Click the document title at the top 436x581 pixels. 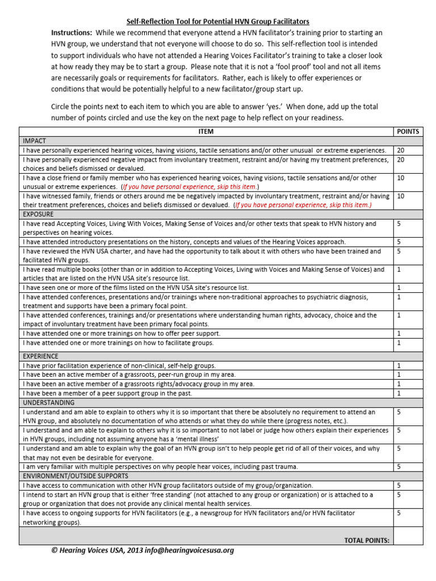point(218,21)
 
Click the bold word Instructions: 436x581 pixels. point(72,32)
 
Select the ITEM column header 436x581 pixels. point(206,132)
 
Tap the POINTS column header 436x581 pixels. point(408,132)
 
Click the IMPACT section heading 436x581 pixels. point(34,141)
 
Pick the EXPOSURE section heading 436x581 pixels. point(38,214)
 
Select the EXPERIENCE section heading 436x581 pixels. point(40,356)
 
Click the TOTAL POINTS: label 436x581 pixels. point(367,540)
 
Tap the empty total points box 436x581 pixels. point(408,536)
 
